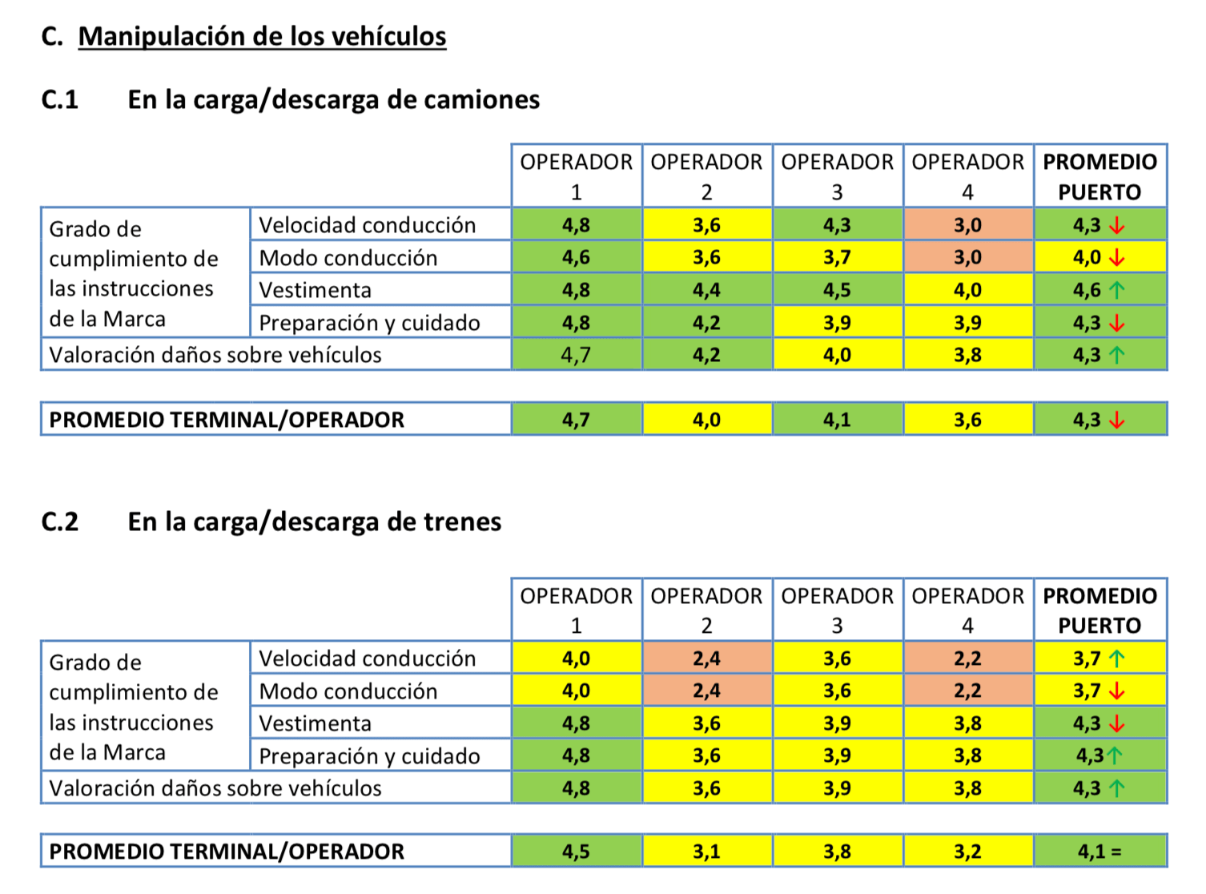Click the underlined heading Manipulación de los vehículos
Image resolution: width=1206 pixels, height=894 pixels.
(x=262, y=37)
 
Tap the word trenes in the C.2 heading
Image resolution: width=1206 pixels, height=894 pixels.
(x=462, y=521)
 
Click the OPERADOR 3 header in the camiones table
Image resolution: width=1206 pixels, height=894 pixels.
(x=837, y=176)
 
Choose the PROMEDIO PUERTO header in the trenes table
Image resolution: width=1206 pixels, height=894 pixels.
(x=1099, y=610)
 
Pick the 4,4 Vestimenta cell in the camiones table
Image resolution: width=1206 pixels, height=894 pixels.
(x=706, y=290)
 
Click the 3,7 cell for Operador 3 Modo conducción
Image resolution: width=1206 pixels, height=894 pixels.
(x=837, y=258)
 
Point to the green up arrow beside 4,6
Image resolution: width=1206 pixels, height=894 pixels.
(x=1117, y=290)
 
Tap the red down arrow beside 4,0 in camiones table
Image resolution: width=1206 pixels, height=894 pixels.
(x=1117, y=258)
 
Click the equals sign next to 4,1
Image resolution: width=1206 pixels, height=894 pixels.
(x=1116, y=852)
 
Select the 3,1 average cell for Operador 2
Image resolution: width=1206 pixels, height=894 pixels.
(x=706, y=852)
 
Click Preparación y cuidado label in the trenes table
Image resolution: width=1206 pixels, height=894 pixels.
(x=369, y=756)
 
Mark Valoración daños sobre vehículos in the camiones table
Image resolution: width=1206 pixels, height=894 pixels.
(x=215, y=355)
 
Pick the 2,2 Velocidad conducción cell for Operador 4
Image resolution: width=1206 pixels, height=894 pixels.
(x=967, y=658)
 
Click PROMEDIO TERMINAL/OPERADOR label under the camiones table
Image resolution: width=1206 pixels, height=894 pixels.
(x=227, y=420)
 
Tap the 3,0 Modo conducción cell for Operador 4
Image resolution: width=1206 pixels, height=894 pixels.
(x=967, y=258)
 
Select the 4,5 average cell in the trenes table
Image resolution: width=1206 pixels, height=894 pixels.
(x=576, y=852)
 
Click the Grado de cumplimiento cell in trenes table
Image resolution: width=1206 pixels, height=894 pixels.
(x=134, y=707)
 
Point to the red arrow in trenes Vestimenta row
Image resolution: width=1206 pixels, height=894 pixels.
(x=1117, y=723)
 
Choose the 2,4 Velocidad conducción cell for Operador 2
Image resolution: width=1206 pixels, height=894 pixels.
(x=706, y=658)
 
